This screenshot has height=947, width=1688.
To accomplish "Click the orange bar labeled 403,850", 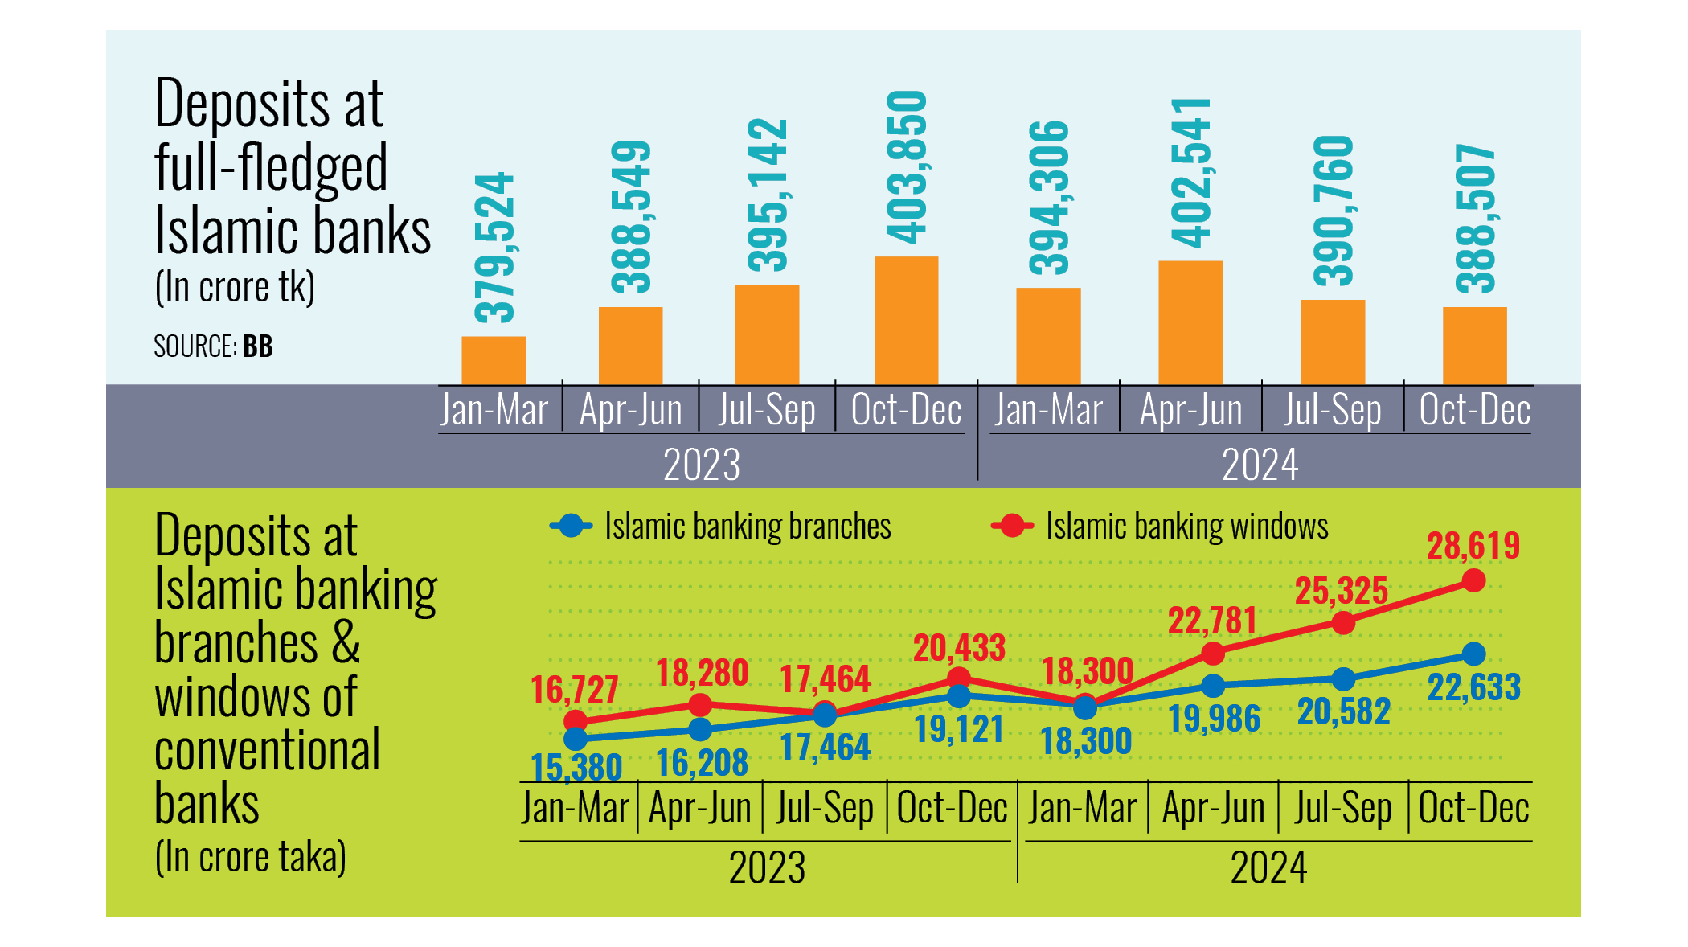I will click(x=906, y=320).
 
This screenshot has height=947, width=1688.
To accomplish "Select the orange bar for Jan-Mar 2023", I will click(x=494, y=360).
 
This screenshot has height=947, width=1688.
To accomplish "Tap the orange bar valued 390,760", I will click(x=1332, y=342).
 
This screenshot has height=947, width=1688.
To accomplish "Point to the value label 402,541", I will click(x=1191, y=172).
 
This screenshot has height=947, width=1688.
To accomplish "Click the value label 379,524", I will click(x=494, y=247).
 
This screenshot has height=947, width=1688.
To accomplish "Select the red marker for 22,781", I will click(x=1213, y=654).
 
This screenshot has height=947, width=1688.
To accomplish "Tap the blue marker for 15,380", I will click(x=576, y=738).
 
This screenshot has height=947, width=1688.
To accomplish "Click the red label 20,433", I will click(x=959, y=648).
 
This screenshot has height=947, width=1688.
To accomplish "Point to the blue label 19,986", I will click(x=1214, y=718).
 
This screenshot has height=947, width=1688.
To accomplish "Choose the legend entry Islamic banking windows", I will click(x=1186, y=527).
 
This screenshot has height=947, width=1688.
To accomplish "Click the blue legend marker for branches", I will click(x=572, y=527).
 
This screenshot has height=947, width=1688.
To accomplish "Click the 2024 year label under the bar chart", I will click(x=1260, y=465).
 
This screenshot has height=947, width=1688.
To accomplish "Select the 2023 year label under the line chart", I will click(x=767, y=867).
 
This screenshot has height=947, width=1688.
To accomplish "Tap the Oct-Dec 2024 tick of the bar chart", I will click(x=1474, y=410).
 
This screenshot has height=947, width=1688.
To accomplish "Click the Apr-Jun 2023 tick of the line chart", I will click(x=699, y=808).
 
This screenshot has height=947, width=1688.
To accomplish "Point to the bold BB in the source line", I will click(x=258, y=346).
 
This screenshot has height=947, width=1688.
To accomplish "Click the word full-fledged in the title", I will click(x=271, y=168).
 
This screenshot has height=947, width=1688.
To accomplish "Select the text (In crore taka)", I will click(x=250, y=857).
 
